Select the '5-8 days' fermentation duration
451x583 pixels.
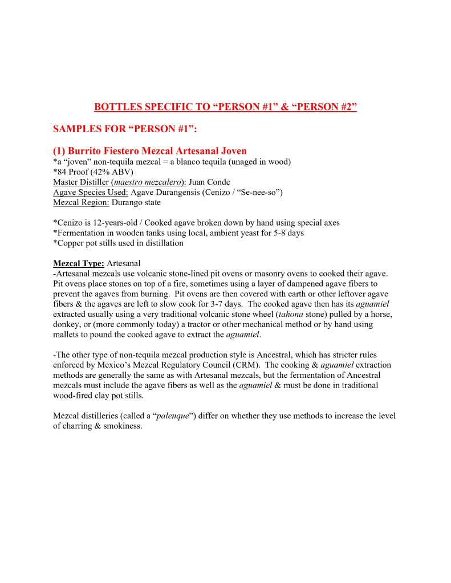275,233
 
